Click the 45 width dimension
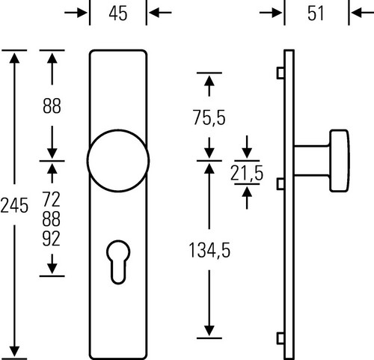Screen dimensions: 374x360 point(118,13)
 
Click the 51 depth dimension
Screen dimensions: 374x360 point(316,13)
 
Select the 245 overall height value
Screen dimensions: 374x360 point(14,206)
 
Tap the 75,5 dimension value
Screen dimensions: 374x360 point(209,118)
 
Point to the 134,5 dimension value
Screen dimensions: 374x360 point(209,250)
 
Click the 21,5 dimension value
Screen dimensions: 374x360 point(247,173)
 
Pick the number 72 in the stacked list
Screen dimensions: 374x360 point(52,199)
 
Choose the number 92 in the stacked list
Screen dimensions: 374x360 point(52,239)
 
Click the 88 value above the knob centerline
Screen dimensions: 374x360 point(52,106)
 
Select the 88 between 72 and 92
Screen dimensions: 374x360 point(52,219)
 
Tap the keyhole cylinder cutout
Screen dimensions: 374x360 point(118,262)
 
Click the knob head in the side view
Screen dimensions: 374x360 point(340,161)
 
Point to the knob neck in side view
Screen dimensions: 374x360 point(312,161)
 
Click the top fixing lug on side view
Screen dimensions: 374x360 point(280,73)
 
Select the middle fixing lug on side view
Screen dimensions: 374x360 point(280,184)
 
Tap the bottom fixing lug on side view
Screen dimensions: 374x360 point(280,338)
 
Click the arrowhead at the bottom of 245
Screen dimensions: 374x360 point(14,352)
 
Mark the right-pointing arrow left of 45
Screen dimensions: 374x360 point(76,13)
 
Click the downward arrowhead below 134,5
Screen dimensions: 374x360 point(209,331)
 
